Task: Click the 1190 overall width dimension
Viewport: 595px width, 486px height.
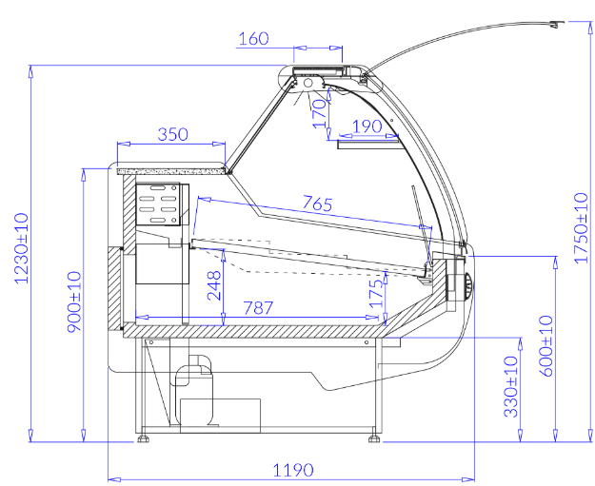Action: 293,471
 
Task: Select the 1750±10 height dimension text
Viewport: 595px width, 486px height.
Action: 581,228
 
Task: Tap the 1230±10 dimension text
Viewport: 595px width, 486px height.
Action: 21,248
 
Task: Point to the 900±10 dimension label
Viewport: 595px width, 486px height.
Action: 74,301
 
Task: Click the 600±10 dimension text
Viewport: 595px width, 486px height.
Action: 546,346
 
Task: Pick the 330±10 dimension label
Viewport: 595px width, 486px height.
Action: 511,387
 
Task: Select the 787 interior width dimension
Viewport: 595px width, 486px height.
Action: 258,308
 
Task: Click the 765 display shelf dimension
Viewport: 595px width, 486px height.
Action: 318,204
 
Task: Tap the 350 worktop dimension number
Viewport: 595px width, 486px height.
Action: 172,134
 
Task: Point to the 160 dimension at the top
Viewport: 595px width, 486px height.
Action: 254,39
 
